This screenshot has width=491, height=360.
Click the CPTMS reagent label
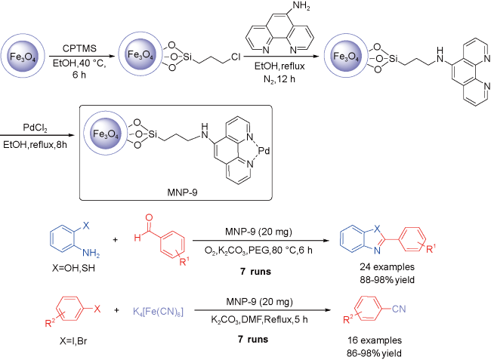pos(79,48)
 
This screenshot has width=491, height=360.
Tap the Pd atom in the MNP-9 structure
pos(264,151)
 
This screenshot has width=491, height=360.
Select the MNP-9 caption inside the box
pos(182,192)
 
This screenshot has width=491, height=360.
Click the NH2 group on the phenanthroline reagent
pos(301,6)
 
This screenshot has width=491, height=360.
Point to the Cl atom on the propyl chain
pos(236,57)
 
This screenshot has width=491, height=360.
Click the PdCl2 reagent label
pos(35,128)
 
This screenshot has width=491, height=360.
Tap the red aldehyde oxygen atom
pos(149,217)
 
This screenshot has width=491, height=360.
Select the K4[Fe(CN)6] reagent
pos(158,312)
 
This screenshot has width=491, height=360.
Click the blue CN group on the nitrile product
pos(399,309)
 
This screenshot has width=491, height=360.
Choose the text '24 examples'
pos(387,267)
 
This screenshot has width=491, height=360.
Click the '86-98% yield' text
pos(374,353)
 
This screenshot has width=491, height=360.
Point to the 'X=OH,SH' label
pos(73,268)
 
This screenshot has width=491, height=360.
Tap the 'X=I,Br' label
pos(73,340)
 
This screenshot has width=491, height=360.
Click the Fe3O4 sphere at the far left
pos(23,57)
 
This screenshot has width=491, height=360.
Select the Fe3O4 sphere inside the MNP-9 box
pos(106,134)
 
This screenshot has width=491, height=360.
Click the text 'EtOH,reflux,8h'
pos(35,145)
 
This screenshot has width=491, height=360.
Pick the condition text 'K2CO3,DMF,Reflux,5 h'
pos(259,320)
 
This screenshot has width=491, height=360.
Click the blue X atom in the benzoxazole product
pos(378,229)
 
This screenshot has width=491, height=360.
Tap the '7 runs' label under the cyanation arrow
pos(253,340)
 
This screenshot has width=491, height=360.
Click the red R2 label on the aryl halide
pos(50,322)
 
